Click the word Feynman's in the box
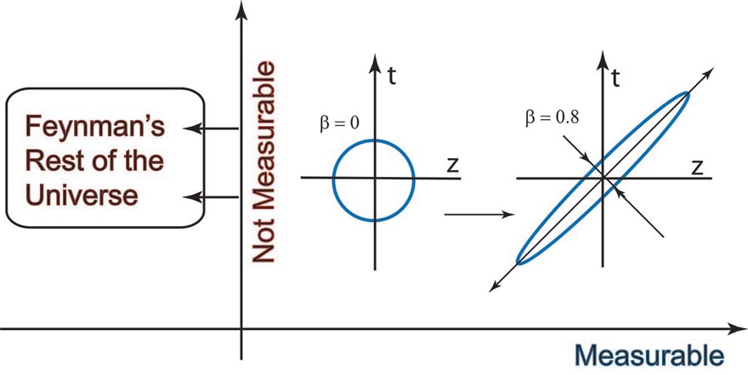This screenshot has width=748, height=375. (95, 127)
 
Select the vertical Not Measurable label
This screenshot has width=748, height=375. (263, 162)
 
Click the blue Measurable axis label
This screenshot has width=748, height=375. (649, 355)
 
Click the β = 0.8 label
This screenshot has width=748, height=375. (552, 117)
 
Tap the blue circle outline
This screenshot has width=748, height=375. (333, 180)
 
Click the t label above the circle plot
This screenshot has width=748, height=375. (392, 76)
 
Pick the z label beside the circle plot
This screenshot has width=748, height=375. (452, 165)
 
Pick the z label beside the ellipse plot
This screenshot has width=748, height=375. (696, 168)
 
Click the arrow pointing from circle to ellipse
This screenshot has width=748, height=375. (479, 214)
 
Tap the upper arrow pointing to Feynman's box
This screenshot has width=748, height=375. (211, 128)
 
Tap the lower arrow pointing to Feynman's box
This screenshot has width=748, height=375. (211, 197)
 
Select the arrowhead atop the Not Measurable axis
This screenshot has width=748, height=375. (241, 11)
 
